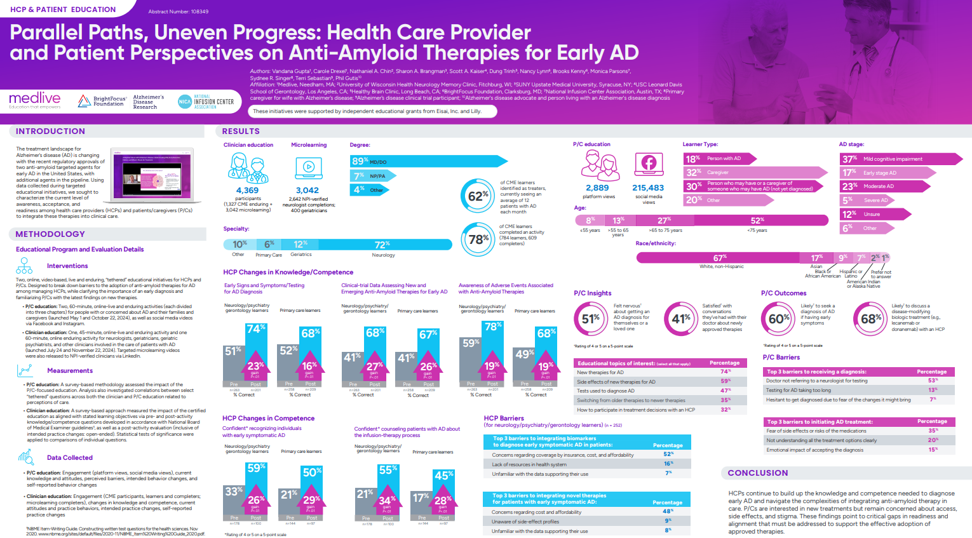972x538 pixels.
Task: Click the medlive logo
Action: coord(35,100)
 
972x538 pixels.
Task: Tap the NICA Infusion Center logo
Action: coord(206,102)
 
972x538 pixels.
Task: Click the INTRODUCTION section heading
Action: coord(50,131)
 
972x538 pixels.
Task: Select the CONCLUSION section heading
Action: coord(757,473)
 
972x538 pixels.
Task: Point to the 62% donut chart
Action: coord(478,197)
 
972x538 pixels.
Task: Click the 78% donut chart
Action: coord(478,239)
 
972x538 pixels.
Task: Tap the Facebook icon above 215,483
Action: coord(648,164)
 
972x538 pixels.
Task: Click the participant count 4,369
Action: coord(247,190)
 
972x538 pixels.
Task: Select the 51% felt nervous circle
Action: coord(590,319)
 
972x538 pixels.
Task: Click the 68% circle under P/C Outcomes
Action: coord(871,319)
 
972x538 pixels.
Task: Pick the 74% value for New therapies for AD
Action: coord(724,372)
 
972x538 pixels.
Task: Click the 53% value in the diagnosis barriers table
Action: coord(932,380)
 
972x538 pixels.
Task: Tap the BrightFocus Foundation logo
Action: coord(102,100)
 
